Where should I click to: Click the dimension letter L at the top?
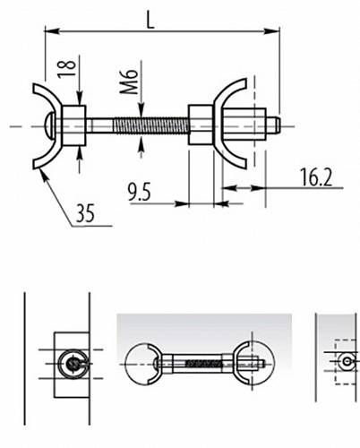(150, 21)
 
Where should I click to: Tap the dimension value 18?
(66, 69)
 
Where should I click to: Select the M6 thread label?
(129, 82)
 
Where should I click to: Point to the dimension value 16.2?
(316, 177)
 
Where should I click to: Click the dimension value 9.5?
(139, 192)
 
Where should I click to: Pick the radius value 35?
(85, 213)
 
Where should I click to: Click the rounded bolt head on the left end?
(49, 126)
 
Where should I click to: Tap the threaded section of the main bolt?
(151, 125)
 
